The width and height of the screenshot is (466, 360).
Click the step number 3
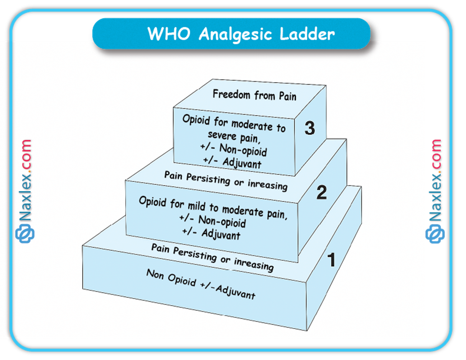pos(310,129)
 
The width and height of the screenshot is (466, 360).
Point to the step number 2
pos(322,193)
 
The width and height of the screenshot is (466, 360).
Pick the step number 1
pos(331,260)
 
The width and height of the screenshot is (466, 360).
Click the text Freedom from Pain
pos(254,95)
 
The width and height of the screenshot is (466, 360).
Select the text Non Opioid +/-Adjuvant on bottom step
pos(201,285)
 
